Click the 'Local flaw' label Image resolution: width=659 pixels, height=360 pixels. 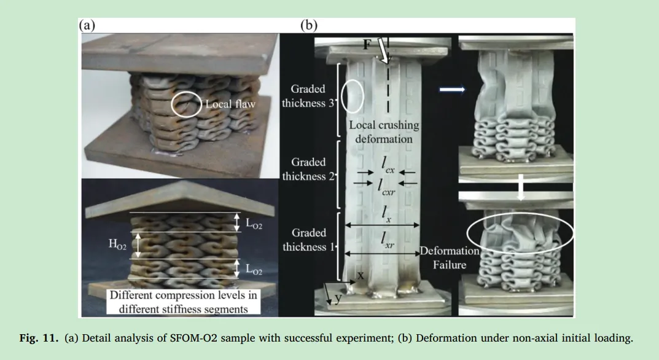click(230, 104)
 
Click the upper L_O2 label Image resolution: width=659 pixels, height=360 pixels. click(254, 224)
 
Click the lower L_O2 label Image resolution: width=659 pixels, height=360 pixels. click(254, 270)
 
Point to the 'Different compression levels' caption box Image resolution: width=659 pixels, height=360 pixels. click(184, 302)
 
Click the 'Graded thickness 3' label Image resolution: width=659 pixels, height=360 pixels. click(308, 96)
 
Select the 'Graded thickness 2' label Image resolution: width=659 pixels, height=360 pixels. click(308, 169)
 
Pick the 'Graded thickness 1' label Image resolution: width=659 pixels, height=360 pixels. click(308, 240)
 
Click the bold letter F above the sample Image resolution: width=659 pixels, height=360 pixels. click(366, 44)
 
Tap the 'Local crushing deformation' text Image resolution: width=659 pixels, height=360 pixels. click(384, 131)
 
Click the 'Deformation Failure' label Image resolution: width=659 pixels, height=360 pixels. click(450, 258)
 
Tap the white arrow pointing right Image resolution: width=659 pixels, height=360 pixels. click(451, 90)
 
